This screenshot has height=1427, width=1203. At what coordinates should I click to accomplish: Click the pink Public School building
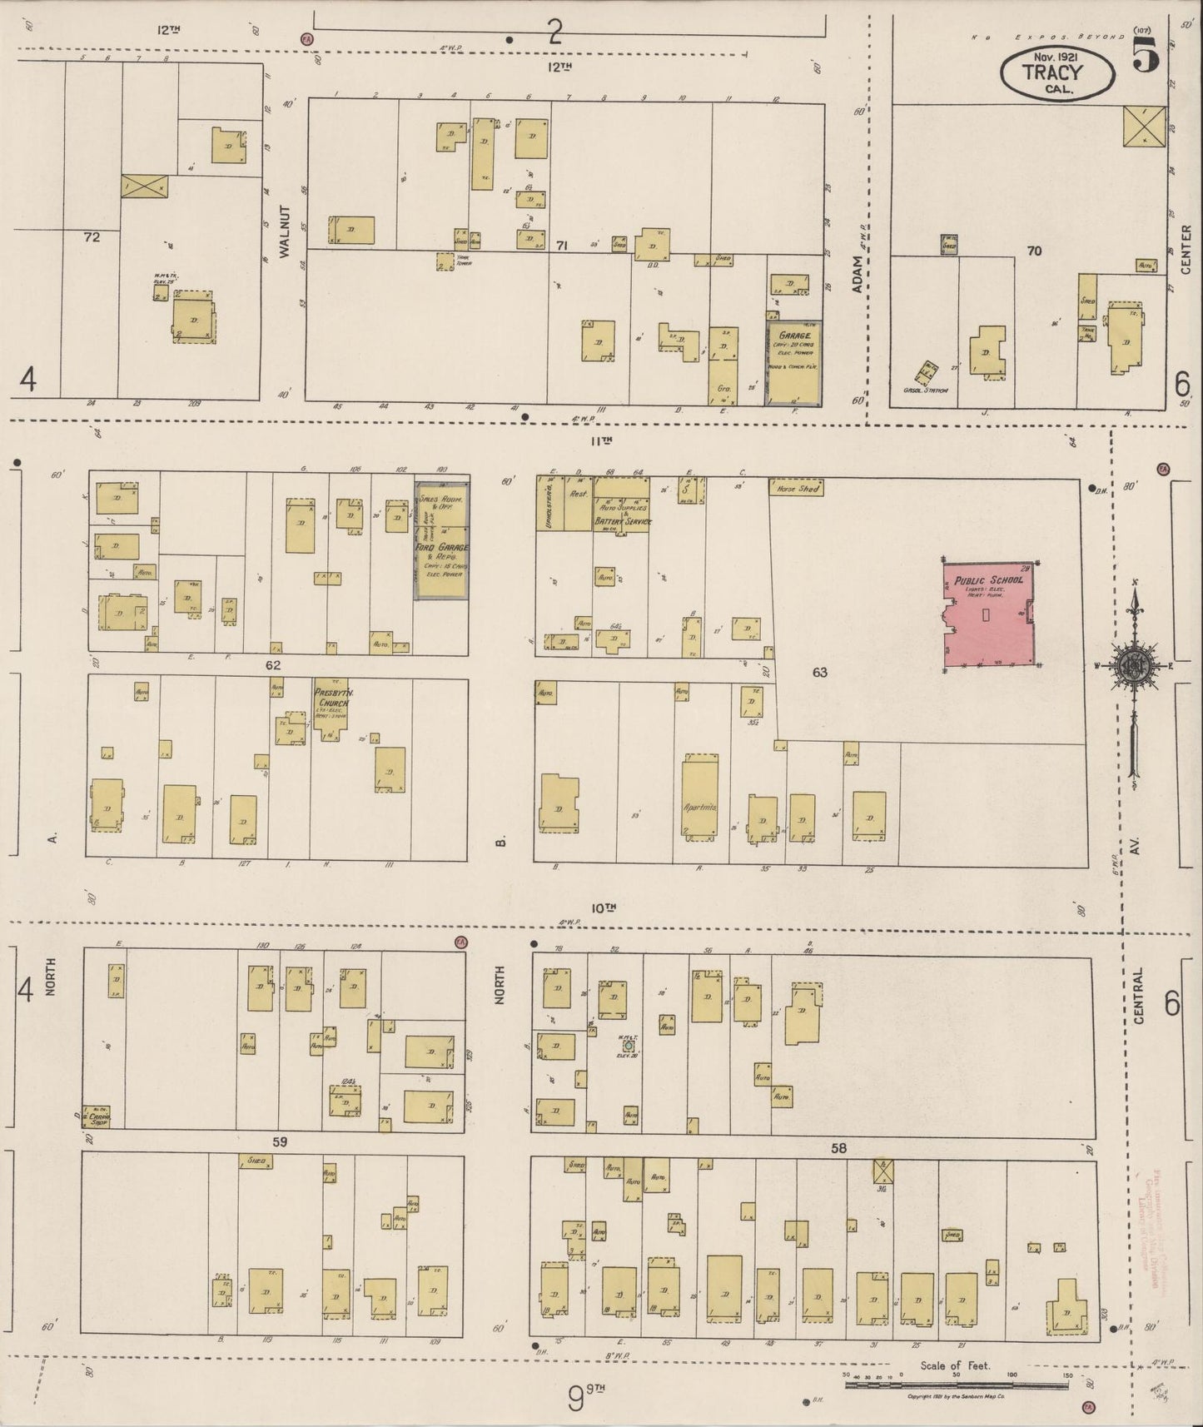(989, 616)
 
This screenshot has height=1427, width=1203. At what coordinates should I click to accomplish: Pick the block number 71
(562, 246)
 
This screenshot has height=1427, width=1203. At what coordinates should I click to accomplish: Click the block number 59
(279, 1141)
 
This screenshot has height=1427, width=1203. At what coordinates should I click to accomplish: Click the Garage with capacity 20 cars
(793, 363)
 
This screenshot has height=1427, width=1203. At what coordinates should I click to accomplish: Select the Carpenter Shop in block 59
(101, 1118)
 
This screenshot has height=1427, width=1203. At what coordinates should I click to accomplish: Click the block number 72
(92, 237)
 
